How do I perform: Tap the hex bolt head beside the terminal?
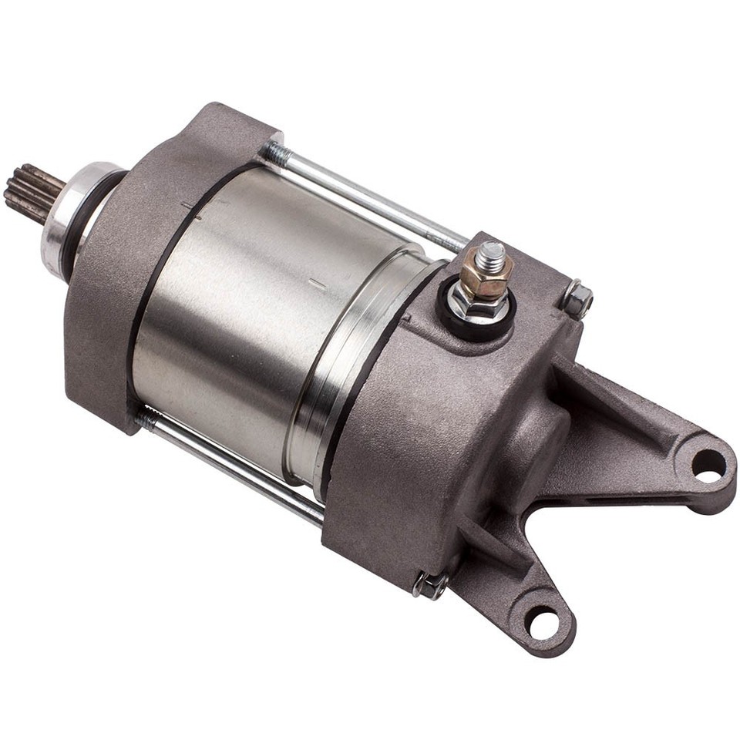pyautogui.click(x=577, y=298)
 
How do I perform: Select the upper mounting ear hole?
pyautogui.click(x=708, y=464)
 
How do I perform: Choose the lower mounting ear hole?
pyautogui.click(x=542, y=621)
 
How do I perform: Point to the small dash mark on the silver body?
pyautogui.click(x=317, y=285)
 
